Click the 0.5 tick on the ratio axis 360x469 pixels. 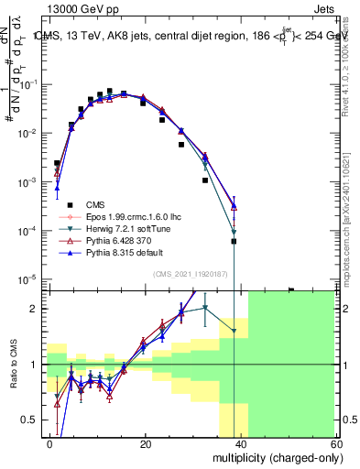click(x=33, y=420)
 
